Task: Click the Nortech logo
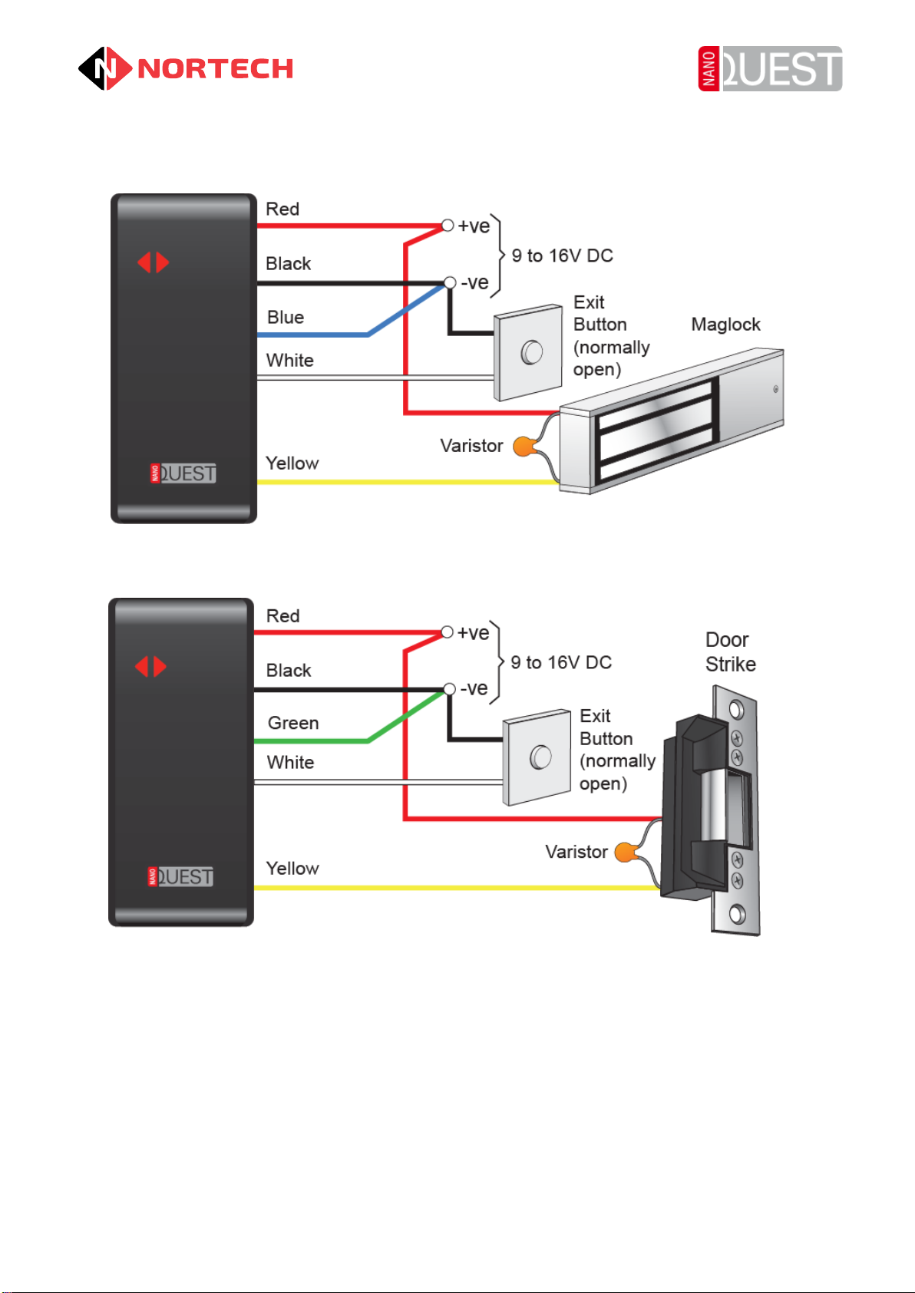[186, 68]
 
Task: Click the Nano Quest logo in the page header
[770, 68]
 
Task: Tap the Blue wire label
[286, 317]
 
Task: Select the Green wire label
[293, 723]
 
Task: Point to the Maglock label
[725, 324]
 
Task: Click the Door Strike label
[730, 652]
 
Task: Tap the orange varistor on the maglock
[523, 446]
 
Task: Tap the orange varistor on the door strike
[626, 852]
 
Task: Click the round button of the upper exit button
[531, 352]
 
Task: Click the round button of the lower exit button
[540, 757]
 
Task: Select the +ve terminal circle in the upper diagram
[448, 226]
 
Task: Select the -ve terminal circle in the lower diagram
[450, 689]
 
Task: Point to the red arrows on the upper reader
[153, 262]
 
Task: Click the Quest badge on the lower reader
[181, 876]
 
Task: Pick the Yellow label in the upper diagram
[292, 463]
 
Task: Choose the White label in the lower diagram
[290, 762]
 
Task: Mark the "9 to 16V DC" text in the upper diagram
[563, 256]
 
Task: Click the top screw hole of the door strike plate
[737, 708]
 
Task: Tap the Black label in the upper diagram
[288, 263]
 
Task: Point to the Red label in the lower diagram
[282, 615]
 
